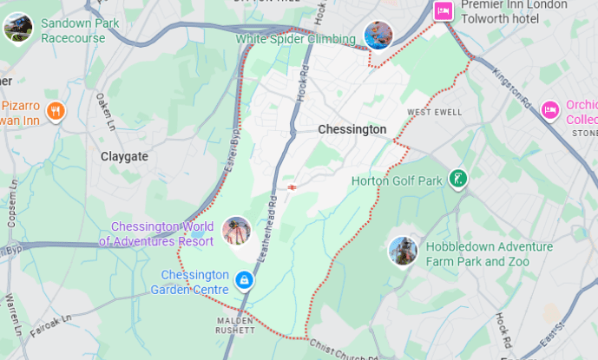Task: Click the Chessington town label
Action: (x=352, y=129)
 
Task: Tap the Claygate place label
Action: (x=124, y=156)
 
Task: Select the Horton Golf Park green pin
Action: (x=457, y=180)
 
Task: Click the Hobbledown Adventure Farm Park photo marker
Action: (x=402, y=252)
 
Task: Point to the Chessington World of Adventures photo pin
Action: (x=236, y=231)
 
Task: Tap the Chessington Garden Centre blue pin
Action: (x=245, y=280)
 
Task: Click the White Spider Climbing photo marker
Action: (x=378, y=36)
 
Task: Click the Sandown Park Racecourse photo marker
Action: (x=17, y=28)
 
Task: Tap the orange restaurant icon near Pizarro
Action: (x=56, y=110)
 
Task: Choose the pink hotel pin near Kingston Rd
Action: (x=549, y=109)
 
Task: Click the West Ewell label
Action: (x=429, y=112)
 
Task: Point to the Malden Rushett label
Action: (x=236, y=325)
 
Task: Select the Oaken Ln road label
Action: (x=105, y=108)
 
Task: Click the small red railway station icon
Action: (x=292, y=186)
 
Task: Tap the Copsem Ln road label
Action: (x=12, y=204)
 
